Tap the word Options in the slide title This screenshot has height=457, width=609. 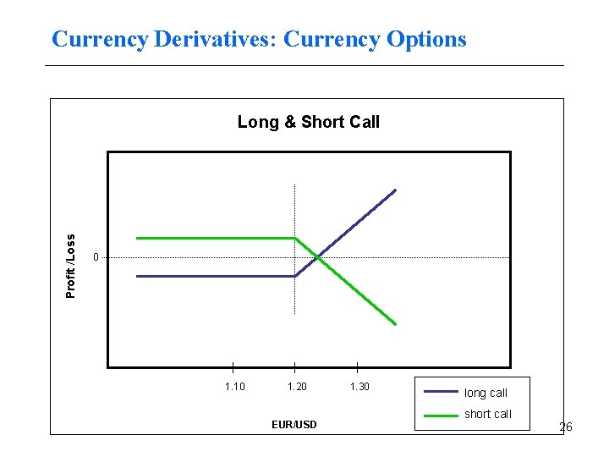[425, 39]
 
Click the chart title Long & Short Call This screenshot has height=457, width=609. [308, 122]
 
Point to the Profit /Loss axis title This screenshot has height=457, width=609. [72, 265]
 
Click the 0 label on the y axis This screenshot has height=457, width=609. [96, 257]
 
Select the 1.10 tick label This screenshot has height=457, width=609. [234, 387]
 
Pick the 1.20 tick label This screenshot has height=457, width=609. [297, 387]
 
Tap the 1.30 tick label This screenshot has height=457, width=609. [359, 387]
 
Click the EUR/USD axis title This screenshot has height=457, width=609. [294, 424]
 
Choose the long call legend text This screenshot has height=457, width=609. [486, 393]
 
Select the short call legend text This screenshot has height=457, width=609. [488, 414]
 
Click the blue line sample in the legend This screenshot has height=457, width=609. [440, 392]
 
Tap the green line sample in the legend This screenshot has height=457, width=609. [440, 415]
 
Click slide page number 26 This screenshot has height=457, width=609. [565, 427]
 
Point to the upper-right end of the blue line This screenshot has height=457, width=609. [395, 190]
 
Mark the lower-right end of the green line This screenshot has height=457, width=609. [395, 324]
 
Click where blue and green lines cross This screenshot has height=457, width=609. [317, 256]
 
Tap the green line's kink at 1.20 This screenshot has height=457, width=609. [294, 238]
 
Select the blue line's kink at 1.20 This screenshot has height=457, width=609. [294, 276]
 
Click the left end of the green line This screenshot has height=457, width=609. [137, 238]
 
